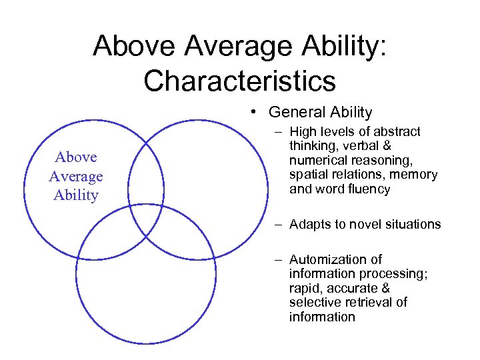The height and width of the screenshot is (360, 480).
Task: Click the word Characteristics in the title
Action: pyautogui.click(x=239, y=81)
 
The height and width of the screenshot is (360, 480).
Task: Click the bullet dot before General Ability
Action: pyautogui.click(x=255, y=112)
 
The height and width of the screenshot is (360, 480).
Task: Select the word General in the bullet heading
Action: pyautogui.click(x=297, y=113)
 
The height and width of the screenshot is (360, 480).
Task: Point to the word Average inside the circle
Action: pyautogui.click(x=75, y=176)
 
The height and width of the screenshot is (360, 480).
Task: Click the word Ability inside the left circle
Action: pyautogui.click(x=75, y=195)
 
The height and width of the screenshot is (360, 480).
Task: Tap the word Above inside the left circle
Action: pyautogui.click(x=75, y=157)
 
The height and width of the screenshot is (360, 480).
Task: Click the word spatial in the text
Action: pyautogui.click(x=307, y=175)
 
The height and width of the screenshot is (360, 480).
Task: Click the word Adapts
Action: pyautogui.click(x=309, y=224)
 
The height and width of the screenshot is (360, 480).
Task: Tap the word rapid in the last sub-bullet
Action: pyautogui.click(x=304, y=288)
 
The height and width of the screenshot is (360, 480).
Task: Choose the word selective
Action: pyautogui.click(x=314, y=302)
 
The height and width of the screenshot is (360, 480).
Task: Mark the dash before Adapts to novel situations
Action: pyautogui.click(x=275, y=224)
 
